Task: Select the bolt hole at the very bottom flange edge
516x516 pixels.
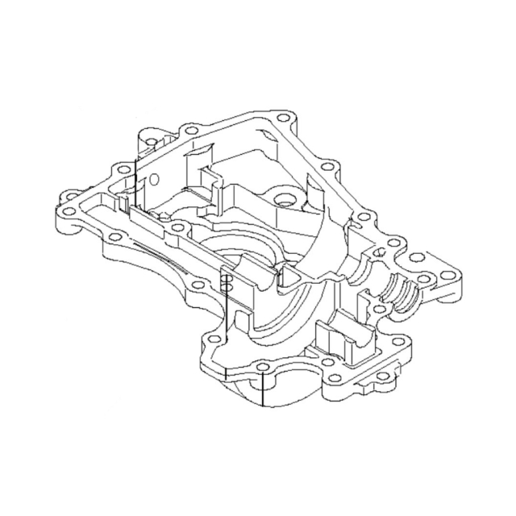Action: tap(263, 369)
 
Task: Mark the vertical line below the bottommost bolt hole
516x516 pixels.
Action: tap(264, 391)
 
